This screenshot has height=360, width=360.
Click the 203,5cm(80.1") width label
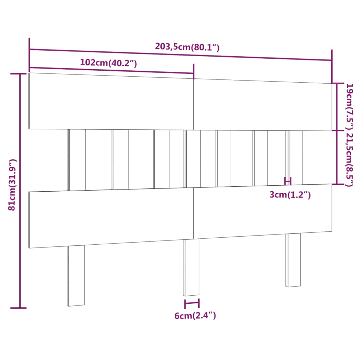point(187,47)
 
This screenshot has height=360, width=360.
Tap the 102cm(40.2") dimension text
point(108,63)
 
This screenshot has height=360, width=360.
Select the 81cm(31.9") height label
point(12,185)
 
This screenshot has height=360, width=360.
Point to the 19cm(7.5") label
point(349,106)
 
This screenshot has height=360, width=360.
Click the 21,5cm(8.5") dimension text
point(349,159)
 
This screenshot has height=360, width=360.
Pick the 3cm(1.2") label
point(290,195)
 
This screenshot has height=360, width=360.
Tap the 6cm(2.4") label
point(195,316)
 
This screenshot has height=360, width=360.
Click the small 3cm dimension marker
point(288,181)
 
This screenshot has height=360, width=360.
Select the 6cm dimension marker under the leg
point(192,303)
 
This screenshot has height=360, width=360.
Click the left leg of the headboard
point(76,276)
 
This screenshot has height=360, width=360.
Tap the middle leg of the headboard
point(191,267)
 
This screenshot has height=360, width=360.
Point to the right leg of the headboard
point(293,260)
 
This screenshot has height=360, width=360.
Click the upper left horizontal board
point(111,101)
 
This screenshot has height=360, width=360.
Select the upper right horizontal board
point(262,105)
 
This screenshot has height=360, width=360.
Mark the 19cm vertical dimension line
point(337,107)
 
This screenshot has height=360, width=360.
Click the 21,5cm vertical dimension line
point(337,157)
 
